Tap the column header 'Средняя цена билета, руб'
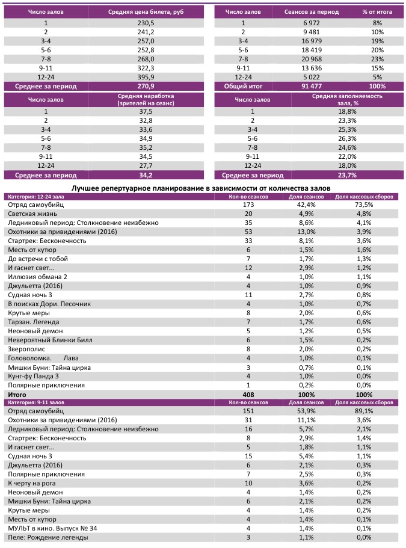[x=147, y=12]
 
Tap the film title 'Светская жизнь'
[x=32, y=214]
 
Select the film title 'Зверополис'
[x=26, y=349]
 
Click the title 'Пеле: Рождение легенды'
[x=48, y=537]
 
